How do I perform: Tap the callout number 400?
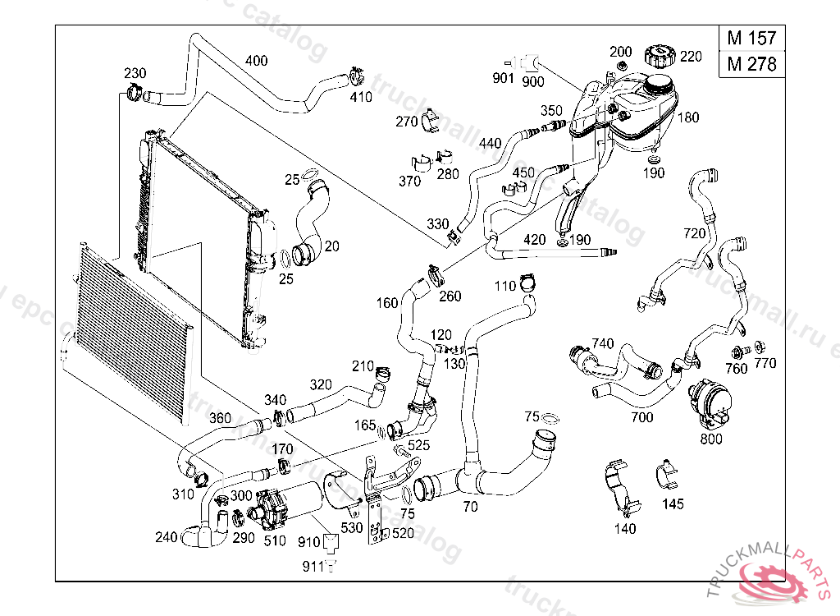[x=256, y=61]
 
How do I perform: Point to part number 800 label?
[x=711, y=439]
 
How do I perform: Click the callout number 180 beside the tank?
[x=687, y=117]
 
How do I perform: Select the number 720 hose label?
[x=694, y=233]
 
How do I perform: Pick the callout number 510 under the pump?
[x=275, y=540]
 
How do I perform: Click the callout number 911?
[x=313, y=566]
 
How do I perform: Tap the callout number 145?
[x=673, y=503]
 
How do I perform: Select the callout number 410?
[x=361, y=97]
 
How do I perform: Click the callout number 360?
[x=220, y=417]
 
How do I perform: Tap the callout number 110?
[x=505, y=286]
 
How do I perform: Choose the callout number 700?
[x=642, y=417]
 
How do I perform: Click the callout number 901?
[x=503, y=79]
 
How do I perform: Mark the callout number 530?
[x=352, y=527]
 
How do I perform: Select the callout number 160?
[x=387, y=302]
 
